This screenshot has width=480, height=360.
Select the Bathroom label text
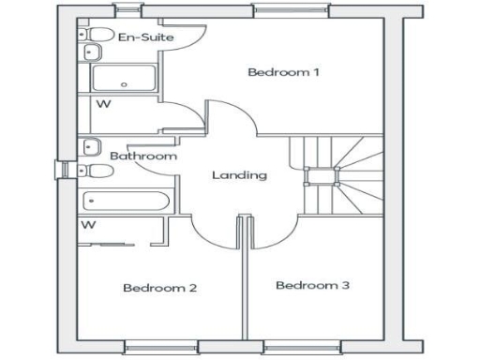pyautogui.click(x=142, y=156)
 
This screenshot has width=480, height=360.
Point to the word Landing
pyautogui.click(x=239, y=175)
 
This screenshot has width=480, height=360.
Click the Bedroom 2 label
pyautogui.click(x=159, y=287)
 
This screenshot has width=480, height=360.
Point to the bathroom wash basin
pyautogui.click(x=92, y=146)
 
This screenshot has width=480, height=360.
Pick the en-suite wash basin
pyautogui.click(x=92, y=52)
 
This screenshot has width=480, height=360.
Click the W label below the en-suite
pyautogui.click(x=103, y=104)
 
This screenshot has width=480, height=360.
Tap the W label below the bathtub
pyautogui.click(x=90, y=225)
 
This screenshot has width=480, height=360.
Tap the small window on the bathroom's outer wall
pyautogui.click(x=63, y=169)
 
